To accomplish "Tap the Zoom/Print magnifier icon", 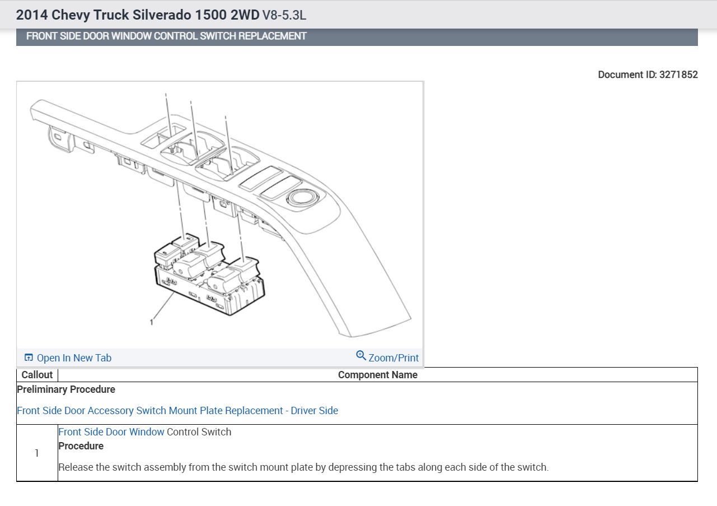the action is click(361, 355).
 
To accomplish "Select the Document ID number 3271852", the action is click(678, 75).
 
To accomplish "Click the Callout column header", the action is click(37, 375).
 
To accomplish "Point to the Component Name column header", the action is click(378, 375).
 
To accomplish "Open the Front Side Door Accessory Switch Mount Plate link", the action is click(177, 411).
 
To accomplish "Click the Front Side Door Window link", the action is click(111, 431).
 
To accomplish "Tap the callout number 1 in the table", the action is click(37, 453).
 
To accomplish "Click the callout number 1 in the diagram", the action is click(151, 322).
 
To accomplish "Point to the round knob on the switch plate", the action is click(302, 197).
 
